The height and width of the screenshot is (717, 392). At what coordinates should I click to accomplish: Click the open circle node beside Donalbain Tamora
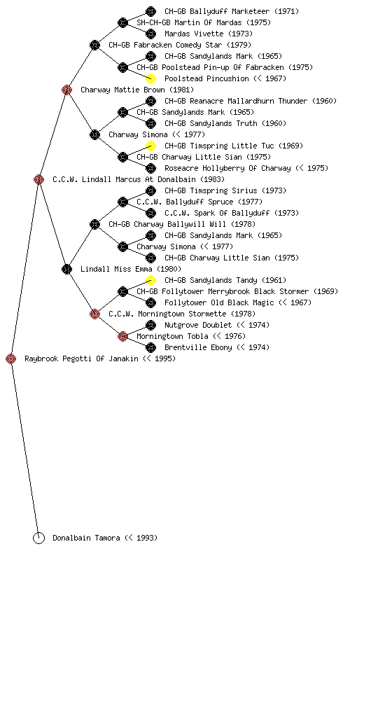(38, 538)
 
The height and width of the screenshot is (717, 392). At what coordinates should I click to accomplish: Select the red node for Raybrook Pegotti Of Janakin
(11, 358)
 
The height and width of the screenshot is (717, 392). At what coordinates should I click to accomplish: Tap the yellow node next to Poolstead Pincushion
(150, 78)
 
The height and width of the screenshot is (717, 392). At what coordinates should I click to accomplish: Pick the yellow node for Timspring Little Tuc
(150, 146)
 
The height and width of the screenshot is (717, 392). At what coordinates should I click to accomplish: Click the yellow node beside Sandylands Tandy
(150, 280)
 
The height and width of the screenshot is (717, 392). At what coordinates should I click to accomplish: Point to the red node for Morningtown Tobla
(122, 336)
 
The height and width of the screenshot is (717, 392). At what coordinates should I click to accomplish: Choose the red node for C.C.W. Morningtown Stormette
(94, 314)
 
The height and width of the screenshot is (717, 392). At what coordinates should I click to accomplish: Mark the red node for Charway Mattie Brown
(66, 90)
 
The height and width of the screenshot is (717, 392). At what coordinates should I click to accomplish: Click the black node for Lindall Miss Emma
(66, 269)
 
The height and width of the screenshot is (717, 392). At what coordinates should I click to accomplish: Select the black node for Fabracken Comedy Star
(94, 45)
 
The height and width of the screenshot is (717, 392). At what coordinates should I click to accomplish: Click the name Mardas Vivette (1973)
(209, 34)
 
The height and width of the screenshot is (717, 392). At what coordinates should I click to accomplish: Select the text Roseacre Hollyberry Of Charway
(227, 168)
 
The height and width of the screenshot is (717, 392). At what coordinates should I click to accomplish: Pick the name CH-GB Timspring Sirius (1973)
(225, 190)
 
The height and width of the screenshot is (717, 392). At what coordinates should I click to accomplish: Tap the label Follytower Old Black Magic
(219, 302)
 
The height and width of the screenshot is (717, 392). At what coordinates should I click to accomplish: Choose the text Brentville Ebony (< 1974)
(217, 347)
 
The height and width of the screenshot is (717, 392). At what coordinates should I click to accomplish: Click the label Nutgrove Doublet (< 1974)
(217, 325)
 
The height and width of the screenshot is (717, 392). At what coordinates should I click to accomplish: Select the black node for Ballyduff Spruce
(122, 202)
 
